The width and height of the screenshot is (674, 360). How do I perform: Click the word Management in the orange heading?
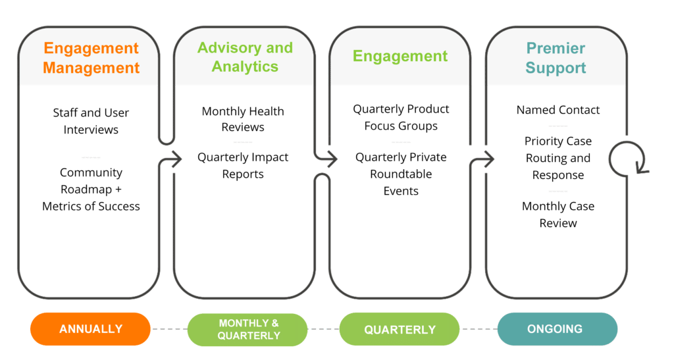pos(91,68)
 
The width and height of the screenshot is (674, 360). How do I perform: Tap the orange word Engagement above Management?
pos(91,49)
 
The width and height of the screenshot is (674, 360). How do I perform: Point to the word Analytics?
pos(245,67)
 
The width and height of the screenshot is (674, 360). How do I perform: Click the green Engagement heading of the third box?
pos(400,56)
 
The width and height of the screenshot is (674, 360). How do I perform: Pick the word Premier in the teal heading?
pos(556,49)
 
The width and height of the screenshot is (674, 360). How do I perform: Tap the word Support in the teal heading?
pos(556,68)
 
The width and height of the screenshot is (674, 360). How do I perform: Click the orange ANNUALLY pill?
pos(91,329)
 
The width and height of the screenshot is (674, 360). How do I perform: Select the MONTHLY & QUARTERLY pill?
pos(248,329)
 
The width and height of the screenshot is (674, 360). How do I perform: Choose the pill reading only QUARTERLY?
pos(400,329)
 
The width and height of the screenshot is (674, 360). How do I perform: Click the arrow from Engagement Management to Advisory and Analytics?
pos(172,158)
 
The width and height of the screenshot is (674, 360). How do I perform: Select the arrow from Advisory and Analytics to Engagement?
pos(328,158)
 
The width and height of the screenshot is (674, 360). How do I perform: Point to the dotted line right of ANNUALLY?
pos(169,329)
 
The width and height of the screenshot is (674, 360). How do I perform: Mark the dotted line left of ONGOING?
pos(478,329)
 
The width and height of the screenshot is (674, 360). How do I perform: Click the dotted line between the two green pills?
pos(323,329)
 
